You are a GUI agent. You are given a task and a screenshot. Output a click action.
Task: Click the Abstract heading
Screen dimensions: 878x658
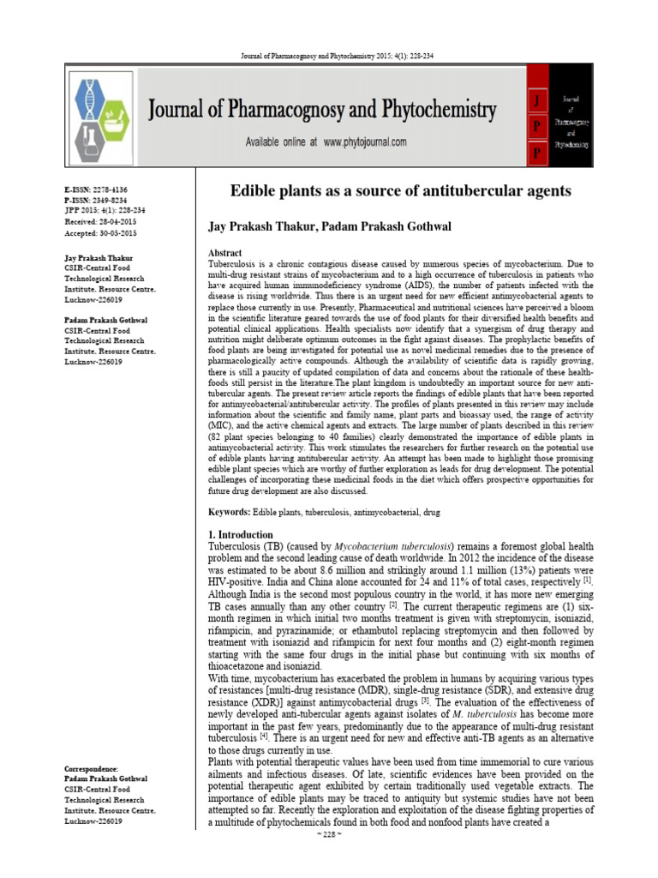pos(225,254)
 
